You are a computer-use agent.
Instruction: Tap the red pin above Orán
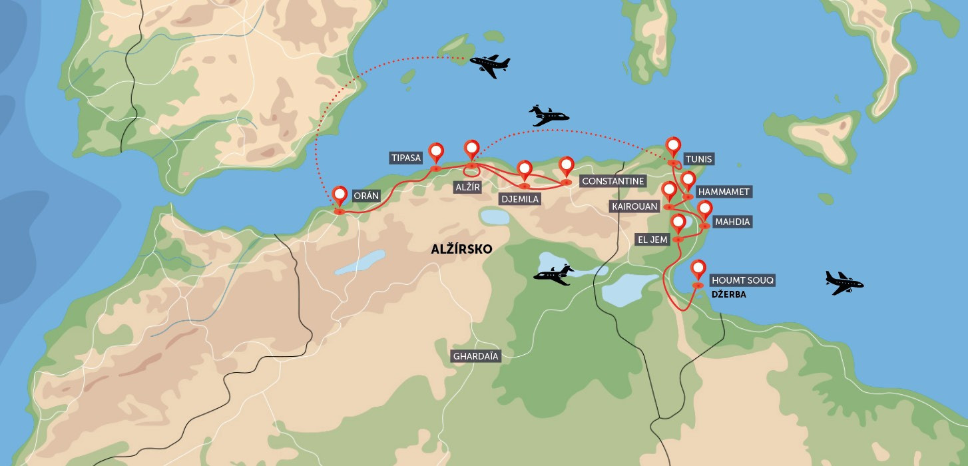pyautogui.click(x=340, y=195)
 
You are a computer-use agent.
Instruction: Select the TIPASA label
pyautogui.click(x=406, y=158)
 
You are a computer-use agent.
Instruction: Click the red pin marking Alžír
pyautogui.click(x=471, y=149)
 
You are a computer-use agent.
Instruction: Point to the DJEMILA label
pyautogui.click(x=520, y=198)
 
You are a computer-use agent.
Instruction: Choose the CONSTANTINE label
pyautogui.click(x=612, y=181)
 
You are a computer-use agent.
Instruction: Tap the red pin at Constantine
pyautogui.click(x=566, y=165)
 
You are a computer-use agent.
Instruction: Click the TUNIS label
pyautogui.click(x=699, y=159)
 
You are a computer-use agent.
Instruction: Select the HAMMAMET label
pyautogui.click(x=723, y=192)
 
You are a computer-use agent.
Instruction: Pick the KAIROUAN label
pyautogui.click(x=634, y=207)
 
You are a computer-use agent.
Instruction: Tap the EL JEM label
pyautogui.click(x=652, y=240)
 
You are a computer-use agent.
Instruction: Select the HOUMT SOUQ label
pyautogui.click(x=742, y=280)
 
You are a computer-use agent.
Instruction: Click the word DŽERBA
pyautogui.click(x=728, y=294)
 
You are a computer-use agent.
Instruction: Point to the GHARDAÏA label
pyautogui.click(x=475, y=356)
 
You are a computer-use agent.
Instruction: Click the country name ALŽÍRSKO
pyautogui.click(x=461, y=250)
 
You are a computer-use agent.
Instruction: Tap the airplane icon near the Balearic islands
pyautogui.click(x=490, y=65)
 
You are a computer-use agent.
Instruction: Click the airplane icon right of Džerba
pyautogui.click(x=844, y=283)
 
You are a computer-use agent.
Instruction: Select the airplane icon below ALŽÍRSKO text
pyautogui.click(x=554, y=274)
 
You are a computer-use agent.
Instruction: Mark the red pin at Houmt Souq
pyautogui.click(x=698, y=270)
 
